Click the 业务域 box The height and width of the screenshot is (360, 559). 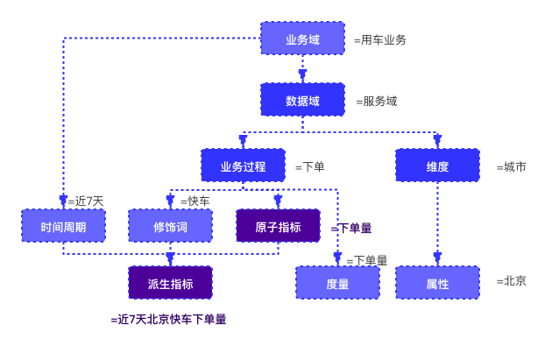302,39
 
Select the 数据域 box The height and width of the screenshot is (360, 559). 302,100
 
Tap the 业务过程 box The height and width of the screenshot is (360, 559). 243,166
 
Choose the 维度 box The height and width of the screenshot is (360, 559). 437,166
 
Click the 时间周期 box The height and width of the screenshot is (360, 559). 63,226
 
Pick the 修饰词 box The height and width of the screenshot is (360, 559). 170,226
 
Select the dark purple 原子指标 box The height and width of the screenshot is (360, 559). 278,226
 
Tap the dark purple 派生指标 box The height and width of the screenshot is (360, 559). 170,283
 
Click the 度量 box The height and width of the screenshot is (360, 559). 337,283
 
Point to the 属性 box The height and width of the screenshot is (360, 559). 437,283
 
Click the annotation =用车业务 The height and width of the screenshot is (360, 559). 379,39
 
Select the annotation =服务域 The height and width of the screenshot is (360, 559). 376,101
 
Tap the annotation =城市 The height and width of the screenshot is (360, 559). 511,166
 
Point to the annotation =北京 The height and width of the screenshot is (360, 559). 511,281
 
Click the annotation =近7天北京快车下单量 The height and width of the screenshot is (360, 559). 168,320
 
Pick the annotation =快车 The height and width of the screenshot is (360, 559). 195,201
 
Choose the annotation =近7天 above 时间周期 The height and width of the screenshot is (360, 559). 85,201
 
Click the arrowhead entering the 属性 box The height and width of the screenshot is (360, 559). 437,258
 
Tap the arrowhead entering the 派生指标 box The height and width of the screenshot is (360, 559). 170,259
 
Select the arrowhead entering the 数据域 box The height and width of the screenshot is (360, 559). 302,76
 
